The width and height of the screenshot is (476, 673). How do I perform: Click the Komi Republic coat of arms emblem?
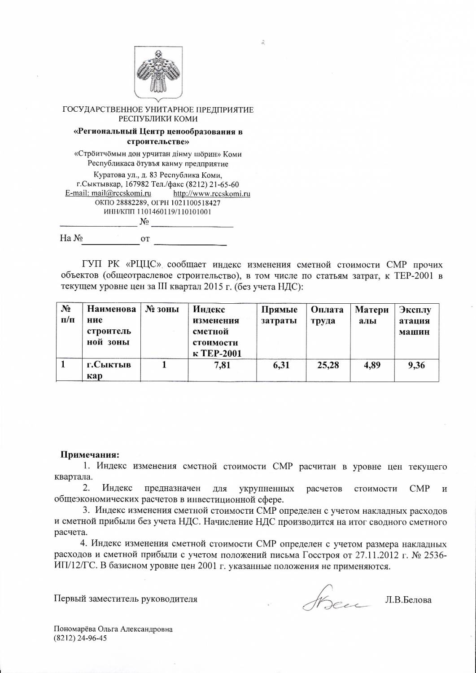tap(157, 73)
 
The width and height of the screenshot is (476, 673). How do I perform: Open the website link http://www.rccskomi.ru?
tap(211, 194)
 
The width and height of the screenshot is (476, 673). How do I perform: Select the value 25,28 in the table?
tap(328, 366)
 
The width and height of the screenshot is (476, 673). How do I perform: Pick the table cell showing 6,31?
tap(280, 366)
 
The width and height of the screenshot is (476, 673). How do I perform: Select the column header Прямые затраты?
tap(279, 315)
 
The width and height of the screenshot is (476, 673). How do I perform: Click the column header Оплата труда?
tap(327, 315)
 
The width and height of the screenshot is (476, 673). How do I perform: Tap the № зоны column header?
tap(160, 310)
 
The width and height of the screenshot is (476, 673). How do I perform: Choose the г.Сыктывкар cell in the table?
tap(109, 371)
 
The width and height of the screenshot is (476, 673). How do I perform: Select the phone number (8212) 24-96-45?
tap(80, 638)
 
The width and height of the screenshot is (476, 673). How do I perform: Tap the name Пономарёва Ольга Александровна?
tap(113, 629)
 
